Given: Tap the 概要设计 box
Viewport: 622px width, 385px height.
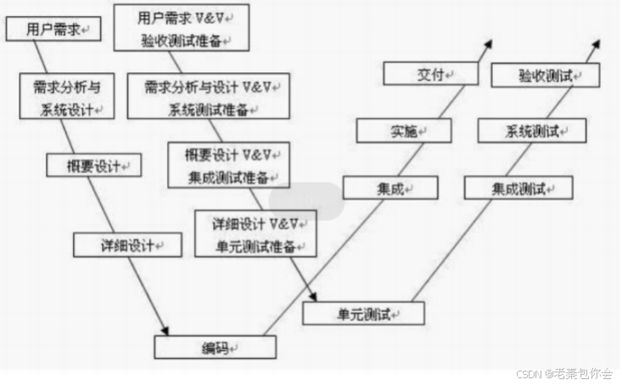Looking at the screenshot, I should [x=93, y=164].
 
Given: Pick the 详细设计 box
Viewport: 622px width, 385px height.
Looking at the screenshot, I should [x=128, y=245].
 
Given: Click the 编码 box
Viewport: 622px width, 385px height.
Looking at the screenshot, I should [x=215, y=347].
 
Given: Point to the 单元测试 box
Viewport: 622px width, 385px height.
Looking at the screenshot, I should [x=363, y=314].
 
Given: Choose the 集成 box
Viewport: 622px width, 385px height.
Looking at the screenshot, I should [x=390, y=188].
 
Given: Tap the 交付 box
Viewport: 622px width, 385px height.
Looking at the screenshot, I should [x=430, y=75].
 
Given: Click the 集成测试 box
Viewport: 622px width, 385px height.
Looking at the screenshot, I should [x=518, y=188].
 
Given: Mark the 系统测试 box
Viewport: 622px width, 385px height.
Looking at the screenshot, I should [x=532, y=131].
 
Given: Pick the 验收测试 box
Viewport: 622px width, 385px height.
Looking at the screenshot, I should [x=546, y=76].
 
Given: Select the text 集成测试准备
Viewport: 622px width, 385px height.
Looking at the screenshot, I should [x=229, y=178].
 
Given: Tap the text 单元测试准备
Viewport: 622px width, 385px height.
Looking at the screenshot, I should [x=255, y=246].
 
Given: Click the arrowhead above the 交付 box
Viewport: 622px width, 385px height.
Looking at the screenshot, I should [x=490, y=42].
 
